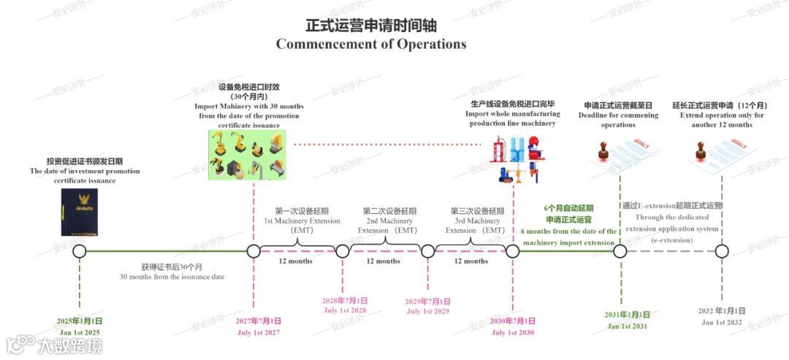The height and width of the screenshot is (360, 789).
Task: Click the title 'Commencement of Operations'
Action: [x=370, y=44]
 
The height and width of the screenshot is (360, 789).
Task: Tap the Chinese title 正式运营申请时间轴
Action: [x=370, y=25]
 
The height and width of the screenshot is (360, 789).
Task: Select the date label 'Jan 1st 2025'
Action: [x=80, y=333]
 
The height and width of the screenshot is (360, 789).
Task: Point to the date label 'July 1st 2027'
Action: [x=259, y=333]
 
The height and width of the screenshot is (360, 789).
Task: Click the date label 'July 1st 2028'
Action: [x=345, y=310]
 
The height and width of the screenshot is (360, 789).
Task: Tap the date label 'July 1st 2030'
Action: [x=513, y=333]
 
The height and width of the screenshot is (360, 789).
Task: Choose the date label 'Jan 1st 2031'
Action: [x=628, y=326]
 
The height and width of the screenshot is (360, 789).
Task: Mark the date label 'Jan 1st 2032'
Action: [x=722, y=322]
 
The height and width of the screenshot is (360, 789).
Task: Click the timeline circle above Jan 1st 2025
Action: [x=80, y=251]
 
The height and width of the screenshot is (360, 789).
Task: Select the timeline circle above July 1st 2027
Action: [x=254, y=251]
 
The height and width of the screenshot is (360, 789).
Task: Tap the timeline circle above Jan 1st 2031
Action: [x=620, y=251]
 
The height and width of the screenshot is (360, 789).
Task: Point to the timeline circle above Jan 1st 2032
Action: [x=722, y=251]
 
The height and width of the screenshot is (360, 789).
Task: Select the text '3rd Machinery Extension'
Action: [x=475, y=221]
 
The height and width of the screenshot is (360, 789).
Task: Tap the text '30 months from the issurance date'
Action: [x=172, y=277]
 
